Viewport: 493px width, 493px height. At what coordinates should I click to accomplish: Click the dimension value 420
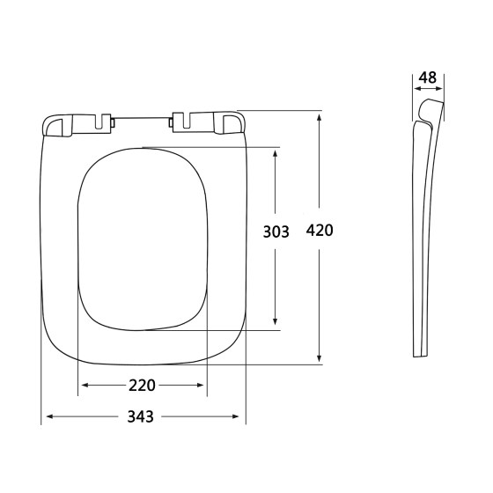click(319, 232)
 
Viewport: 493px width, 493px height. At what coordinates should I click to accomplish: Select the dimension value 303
click(277, 232)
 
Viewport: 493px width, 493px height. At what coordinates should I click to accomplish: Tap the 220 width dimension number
click(143, 386)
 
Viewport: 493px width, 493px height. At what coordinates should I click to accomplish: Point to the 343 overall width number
click(143, 416)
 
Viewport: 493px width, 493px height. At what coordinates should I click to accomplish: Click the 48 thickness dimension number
click(428, 77)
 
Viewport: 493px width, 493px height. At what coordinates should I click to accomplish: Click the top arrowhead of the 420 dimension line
click(319, 114)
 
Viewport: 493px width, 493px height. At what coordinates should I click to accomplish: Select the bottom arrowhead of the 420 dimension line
click(319, 357)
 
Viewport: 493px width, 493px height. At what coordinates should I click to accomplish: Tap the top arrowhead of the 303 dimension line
click(277, 151)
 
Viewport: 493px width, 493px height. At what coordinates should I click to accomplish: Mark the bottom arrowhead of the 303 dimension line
click(277, 326)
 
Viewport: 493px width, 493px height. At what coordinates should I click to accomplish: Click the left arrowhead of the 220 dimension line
click(83, 386)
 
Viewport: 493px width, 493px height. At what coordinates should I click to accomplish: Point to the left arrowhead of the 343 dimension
click(47, 416)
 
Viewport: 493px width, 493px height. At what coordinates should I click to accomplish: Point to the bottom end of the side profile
click(421, 354)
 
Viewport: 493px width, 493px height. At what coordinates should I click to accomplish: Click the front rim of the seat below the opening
click(143, 349)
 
